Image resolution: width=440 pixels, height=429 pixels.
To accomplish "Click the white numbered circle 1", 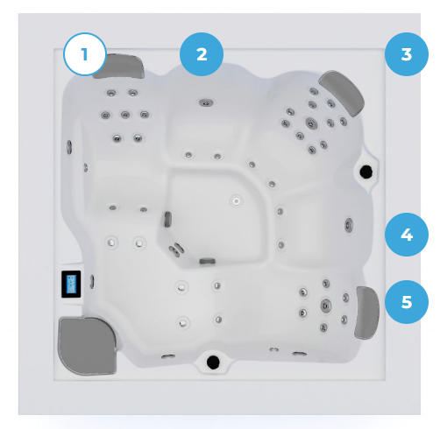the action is (85, 54).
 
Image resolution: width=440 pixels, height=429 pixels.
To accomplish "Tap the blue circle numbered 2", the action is (202, 54).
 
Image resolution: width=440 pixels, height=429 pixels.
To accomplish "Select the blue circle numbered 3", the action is (407, 54).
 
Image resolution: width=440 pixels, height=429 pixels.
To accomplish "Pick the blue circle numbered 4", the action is (407, 235).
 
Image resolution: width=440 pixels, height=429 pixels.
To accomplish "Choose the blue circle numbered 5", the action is (407, 302).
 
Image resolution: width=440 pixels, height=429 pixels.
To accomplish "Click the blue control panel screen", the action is (71, 284).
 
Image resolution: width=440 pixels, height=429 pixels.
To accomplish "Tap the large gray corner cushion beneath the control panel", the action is (88, 346).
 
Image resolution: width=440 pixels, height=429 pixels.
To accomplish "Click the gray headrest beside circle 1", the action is (120, 67).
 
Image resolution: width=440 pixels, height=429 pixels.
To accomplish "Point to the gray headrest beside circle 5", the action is (366, 313).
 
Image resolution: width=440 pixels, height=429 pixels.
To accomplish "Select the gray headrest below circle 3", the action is (343, 92).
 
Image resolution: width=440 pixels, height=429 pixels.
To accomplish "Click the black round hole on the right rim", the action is (365, 172).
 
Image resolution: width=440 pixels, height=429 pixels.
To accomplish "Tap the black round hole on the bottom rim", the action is (213, 362).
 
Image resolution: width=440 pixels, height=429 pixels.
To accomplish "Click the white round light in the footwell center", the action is (236, 201).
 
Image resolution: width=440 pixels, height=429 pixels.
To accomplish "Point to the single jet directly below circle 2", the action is (206, 102).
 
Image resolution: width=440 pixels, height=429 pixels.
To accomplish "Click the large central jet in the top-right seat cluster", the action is (311, 123).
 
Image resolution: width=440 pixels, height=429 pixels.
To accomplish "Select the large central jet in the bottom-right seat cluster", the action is (325, 306).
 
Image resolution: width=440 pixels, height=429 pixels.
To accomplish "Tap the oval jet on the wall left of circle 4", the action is (349, 225).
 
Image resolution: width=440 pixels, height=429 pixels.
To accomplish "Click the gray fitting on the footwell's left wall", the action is (167, 219).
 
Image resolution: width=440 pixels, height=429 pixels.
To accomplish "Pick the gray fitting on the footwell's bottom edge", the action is (208, 261).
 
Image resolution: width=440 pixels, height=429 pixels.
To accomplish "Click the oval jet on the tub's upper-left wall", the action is (69, 147).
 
